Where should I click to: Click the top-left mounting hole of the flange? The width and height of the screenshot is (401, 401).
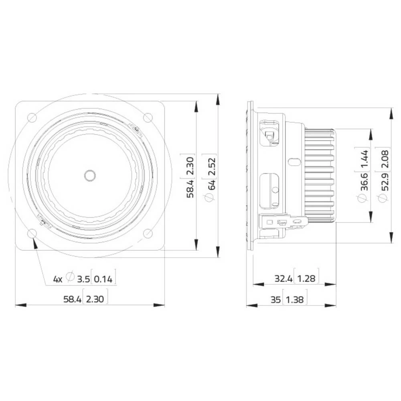(x=31, y=117)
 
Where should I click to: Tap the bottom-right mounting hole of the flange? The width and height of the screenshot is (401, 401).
(x=148, y=233)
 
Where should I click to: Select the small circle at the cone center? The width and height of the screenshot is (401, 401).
(x=89, y=175)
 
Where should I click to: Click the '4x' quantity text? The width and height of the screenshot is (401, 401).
(x=58, y=279)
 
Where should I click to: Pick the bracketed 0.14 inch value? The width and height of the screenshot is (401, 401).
(x=104, y=279)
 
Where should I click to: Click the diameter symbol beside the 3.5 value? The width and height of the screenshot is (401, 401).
(x=70, y=278)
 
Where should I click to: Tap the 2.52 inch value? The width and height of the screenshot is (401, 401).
(x=212, y=165)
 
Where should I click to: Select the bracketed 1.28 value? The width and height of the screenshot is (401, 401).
(x=307, y=278)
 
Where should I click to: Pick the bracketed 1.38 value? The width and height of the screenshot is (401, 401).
(x=296, y=299)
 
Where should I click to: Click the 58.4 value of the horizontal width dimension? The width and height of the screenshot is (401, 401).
(x=72, y=299)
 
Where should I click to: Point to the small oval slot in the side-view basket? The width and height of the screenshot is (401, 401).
(x=294, y=162)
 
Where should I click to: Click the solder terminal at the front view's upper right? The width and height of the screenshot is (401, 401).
(x=136, y=129)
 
